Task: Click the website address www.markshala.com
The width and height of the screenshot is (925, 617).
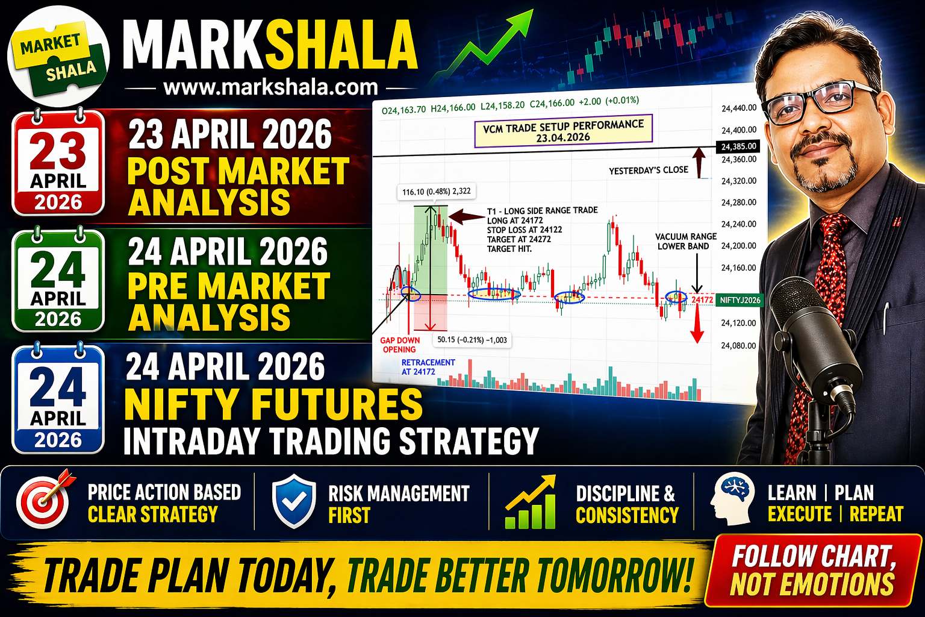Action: (270, 87)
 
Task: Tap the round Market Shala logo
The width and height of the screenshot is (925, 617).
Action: (58, 57)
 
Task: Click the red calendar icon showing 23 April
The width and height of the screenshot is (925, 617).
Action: (58, 163)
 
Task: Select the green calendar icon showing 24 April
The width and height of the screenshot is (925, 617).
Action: (58, 280)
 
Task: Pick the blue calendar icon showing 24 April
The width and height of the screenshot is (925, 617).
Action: (58, 398)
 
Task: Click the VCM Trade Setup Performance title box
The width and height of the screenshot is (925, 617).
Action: (563, 131)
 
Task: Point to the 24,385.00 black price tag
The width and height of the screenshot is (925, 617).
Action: (738, 146)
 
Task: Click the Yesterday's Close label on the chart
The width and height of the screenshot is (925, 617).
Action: (649, 170)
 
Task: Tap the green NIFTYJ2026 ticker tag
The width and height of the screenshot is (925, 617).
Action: (740, 300)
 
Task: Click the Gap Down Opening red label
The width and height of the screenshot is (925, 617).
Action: (400, 345)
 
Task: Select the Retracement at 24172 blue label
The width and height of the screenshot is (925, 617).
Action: (428, 367)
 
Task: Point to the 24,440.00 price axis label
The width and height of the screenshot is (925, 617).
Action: (739, 108)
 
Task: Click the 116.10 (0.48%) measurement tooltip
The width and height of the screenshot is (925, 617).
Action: (436, 192)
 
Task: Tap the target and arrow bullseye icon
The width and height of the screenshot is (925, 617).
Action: (45, 500)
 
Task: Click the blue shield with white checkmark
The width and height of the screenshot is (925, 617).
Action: (294, 501)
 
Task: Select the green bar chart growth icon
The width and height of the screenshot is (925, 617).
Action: (531, 502)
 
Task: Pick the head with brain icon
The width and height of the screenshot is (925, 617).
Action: (732, 498)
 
